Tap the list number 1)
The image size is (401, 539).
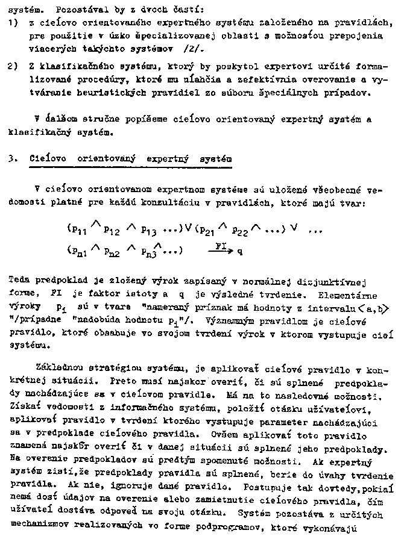[x=13, y=23]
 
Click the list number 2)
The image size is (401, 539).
[x=13, y=66]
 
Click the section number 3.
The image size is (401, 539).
[x=11, y=158]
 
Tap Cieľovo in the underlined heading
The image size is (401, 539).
[x=48, y=158]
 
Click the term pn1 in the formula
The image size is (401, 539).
[x=77, y=250]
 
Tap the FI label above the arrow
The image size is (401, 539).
[x=221, y=245]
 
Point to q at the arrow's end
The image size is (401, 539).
[x=240, y=251]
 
